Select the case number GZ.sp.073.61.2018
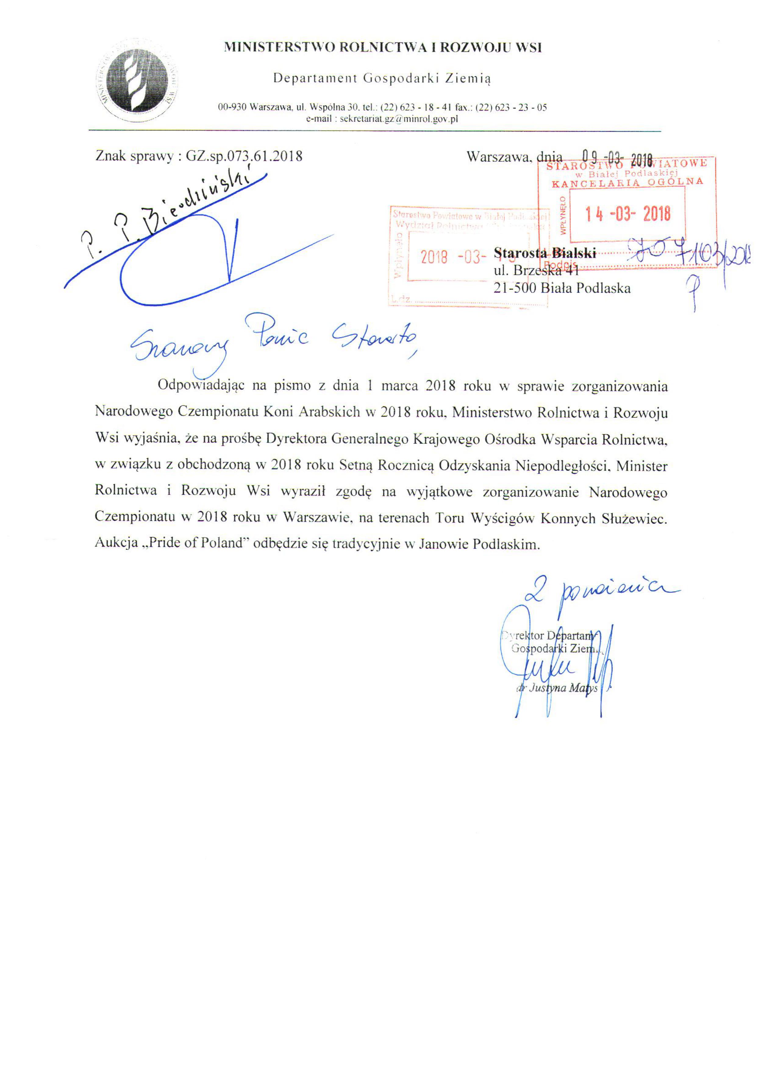(244, 156)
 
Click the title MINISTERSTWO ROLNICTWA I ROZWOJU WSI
(383, 48)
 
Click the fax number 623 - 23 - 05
(520, 108)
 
